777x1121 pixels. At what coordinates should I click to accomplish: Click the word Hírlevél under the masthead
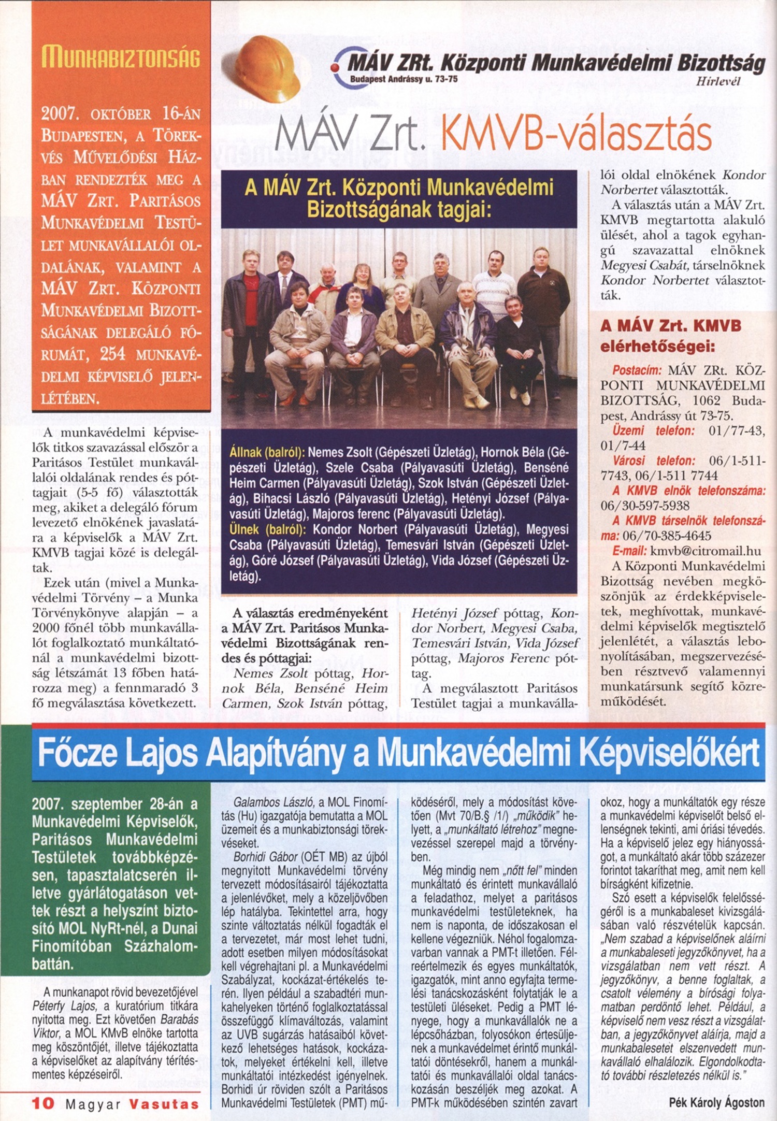click(718, 81)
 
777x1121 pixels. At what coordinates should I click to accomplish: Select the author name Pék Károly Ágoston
click(716, 1102)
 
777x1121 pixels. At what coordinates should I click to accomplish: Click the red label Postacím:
click(637, 370)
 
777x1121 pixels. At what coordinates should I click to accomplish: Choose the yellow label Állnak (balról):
click(267, 452)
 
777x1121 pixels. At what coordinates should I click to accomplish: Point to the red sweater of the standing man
click(251, 295)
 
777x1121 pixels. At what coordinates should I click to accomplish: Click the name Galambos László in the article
click(272, 802)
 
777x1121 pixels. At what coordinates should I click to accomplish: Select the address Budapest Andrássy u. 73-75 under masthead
click(404, 79)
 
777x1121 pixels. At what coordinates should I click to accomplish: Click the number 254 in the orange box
click(113, 354)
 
